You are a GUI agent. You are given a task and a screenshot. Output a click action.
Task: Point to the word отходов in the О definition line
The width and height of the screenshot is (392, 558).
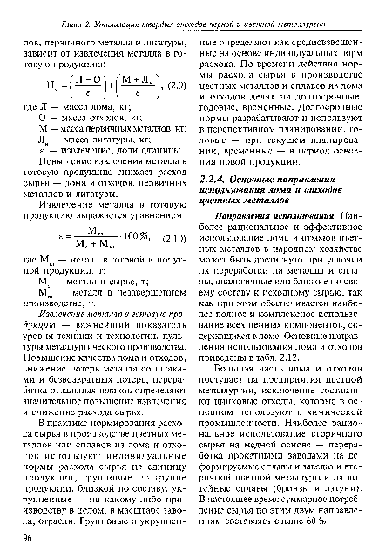coord(96,117)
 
